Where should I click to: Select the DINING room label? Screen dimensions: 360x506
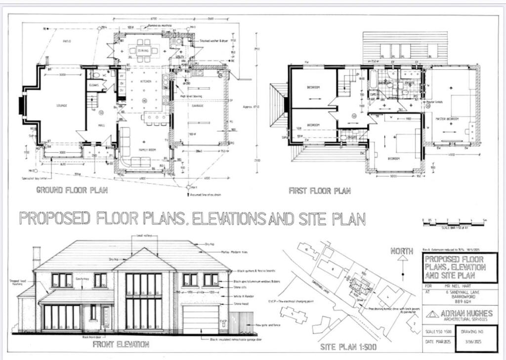(143, 50)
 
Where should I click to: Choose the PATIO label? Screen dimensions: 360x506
(66, 41)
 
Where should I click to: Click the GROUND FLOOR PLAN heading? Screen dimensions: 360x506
(72, 190)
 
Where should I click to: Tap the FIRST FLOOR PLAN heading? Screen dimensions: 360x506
(320, 191)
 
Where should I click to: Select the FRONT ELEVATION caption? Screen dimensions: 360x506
(121, 344)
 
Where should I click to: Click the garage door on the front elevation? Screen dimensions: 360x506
(200, 319)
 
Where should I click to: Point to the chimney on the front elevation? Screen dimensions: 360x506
(37, 258)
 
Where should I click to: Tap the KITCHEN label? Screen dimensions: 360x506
(145, 81)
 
